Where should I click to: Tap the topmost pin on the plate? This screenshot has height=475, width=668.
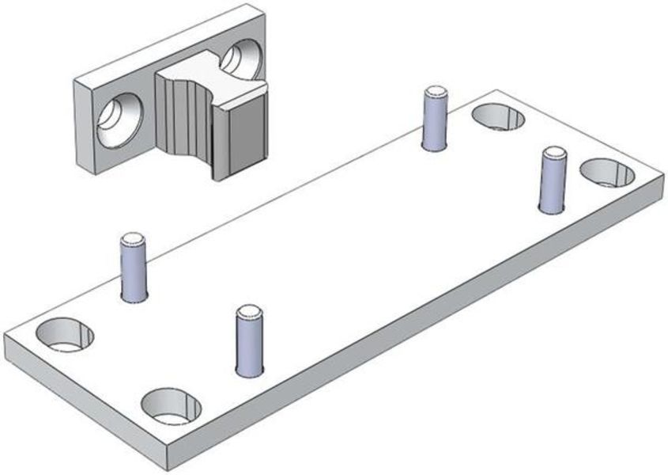434,120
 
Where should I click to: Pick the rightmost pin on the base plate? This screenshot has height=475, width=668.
553,180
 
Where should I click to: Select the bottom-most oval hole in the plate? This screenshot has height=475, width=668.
171,405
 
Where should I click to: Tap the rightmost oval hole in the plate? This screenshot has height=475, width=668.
607,173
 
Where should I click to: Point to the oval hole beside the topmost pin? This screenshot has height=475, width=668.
498,117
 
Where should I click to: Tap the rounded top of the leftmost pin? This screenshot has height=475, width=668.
133,237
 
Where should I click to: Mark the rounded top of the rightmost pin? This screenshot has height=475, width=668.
553,152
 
